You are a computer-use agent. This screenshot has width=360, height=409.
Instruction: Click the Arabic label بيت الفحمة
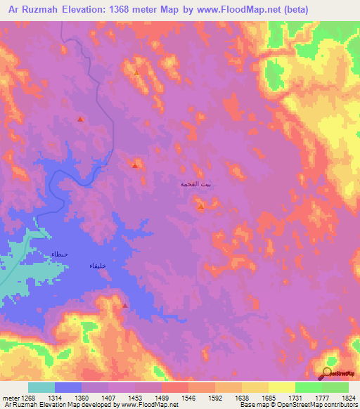(x=199, y=183)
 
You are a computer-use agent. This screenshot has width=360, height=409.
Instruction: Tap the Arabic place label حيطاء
(x=58, y=254)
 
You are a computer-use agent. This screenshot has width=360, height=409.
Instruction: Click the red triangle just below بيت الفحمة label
(x=201, y=207)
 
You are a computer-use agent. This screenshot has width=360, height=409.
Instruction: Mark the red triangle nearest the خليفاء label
(x=125, y=306)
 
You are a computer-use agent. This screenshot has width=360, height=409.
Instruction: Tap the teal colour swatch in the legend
(x=41, y=387)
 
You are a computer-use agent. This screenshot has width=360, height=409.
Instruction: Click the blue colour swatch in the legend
(x=68, y=387)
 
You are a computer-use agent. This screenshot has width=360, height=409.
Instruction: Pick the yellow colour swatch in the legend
(x=282, y=387)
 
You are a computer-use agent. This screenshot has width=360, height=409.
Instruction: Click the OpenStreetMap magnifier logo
(x=328, y=372)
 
